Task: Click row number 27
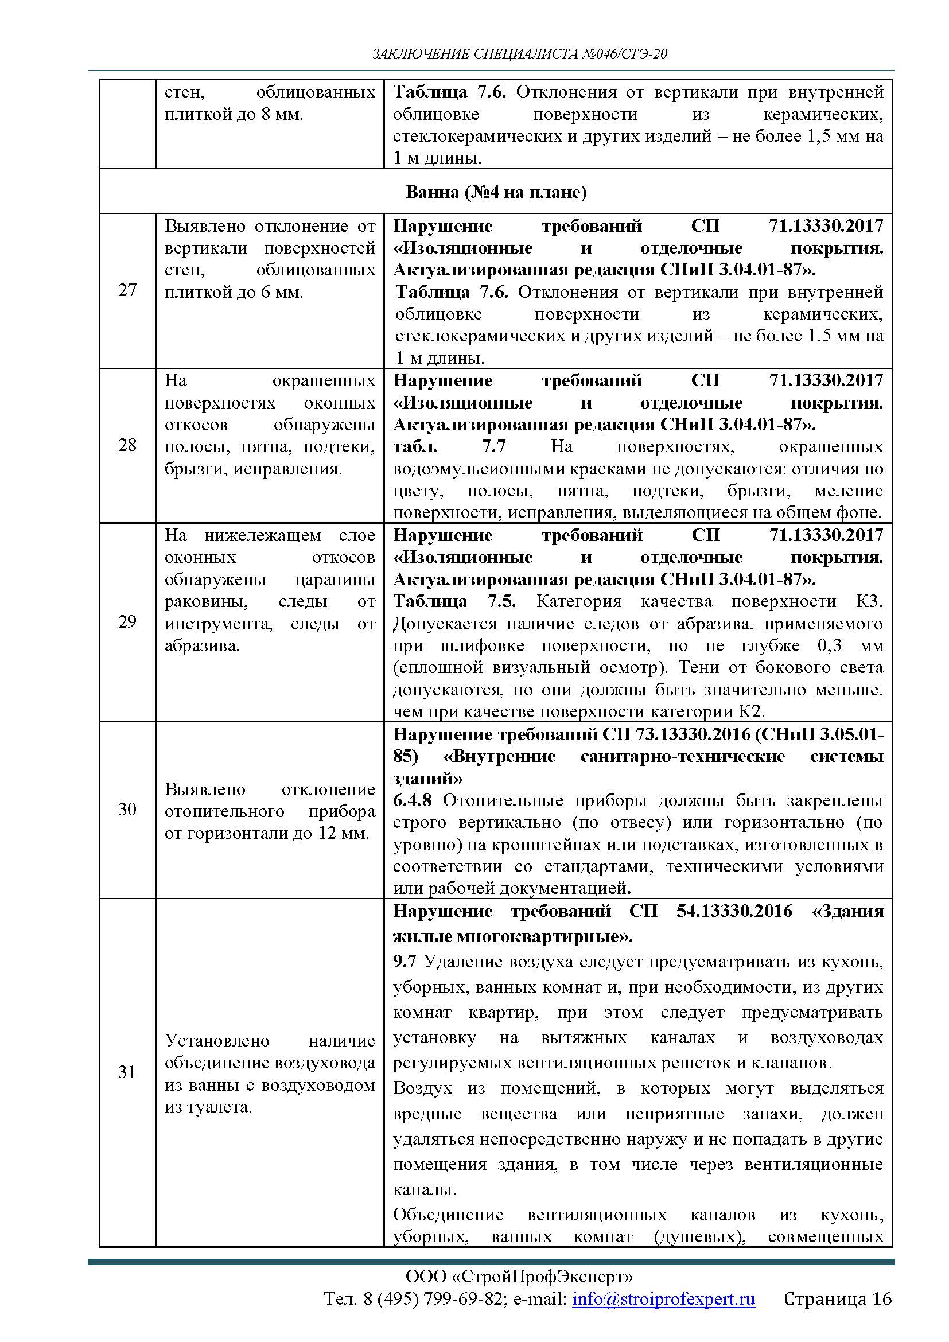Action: (127, 290)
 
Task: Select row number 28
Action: (127, 445)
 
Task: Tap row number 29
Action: (127, 621)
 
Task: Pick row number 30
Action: (127, 809)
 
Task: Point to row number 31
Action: (127, 1071)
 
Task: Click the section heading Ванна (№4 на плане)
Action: (496, 192)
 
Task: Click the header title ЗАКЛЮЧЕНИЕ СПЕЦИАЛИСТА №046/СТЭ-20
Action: (519, 55)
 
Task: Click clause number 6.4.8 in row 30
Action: (414, 800)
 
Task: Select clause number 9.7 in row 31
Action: (405, 962)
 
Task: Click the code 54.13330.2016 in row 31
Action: (734, 911)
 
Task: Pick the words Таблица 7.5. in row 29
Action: (454, 601)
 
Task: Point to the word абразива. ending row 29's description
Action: (202, 646)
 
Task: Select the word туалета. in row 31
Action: (208, 1107)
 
